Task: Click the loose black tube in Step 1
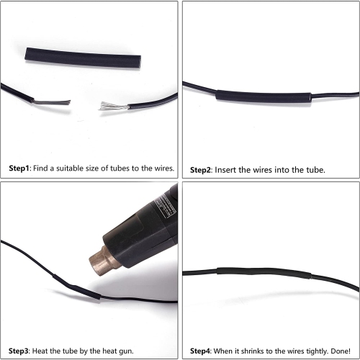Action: (83, 58)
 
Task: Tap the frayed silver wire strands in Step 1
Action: (113, 106)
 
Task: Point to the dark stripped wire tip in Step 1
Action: (52, 102)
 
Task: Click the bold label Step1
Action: (19, 168)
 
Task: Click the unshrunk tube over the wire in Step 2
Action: (264, 97)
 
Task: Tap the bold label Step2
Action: (200, 170)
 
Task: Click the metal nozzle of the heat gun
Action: (104, 261)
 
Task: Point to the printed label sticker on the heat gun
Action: (165, 207)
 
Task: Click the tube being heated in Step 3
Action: (76, 287)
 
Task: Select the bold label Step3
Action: (19, 351)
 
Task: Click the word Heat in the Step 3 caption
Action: (39, 351)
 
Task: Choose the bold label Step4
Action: (200, 351)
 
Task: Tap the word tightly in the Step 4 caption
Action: (318, 351)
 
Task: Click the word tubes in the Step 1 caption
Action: (120, 168)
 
